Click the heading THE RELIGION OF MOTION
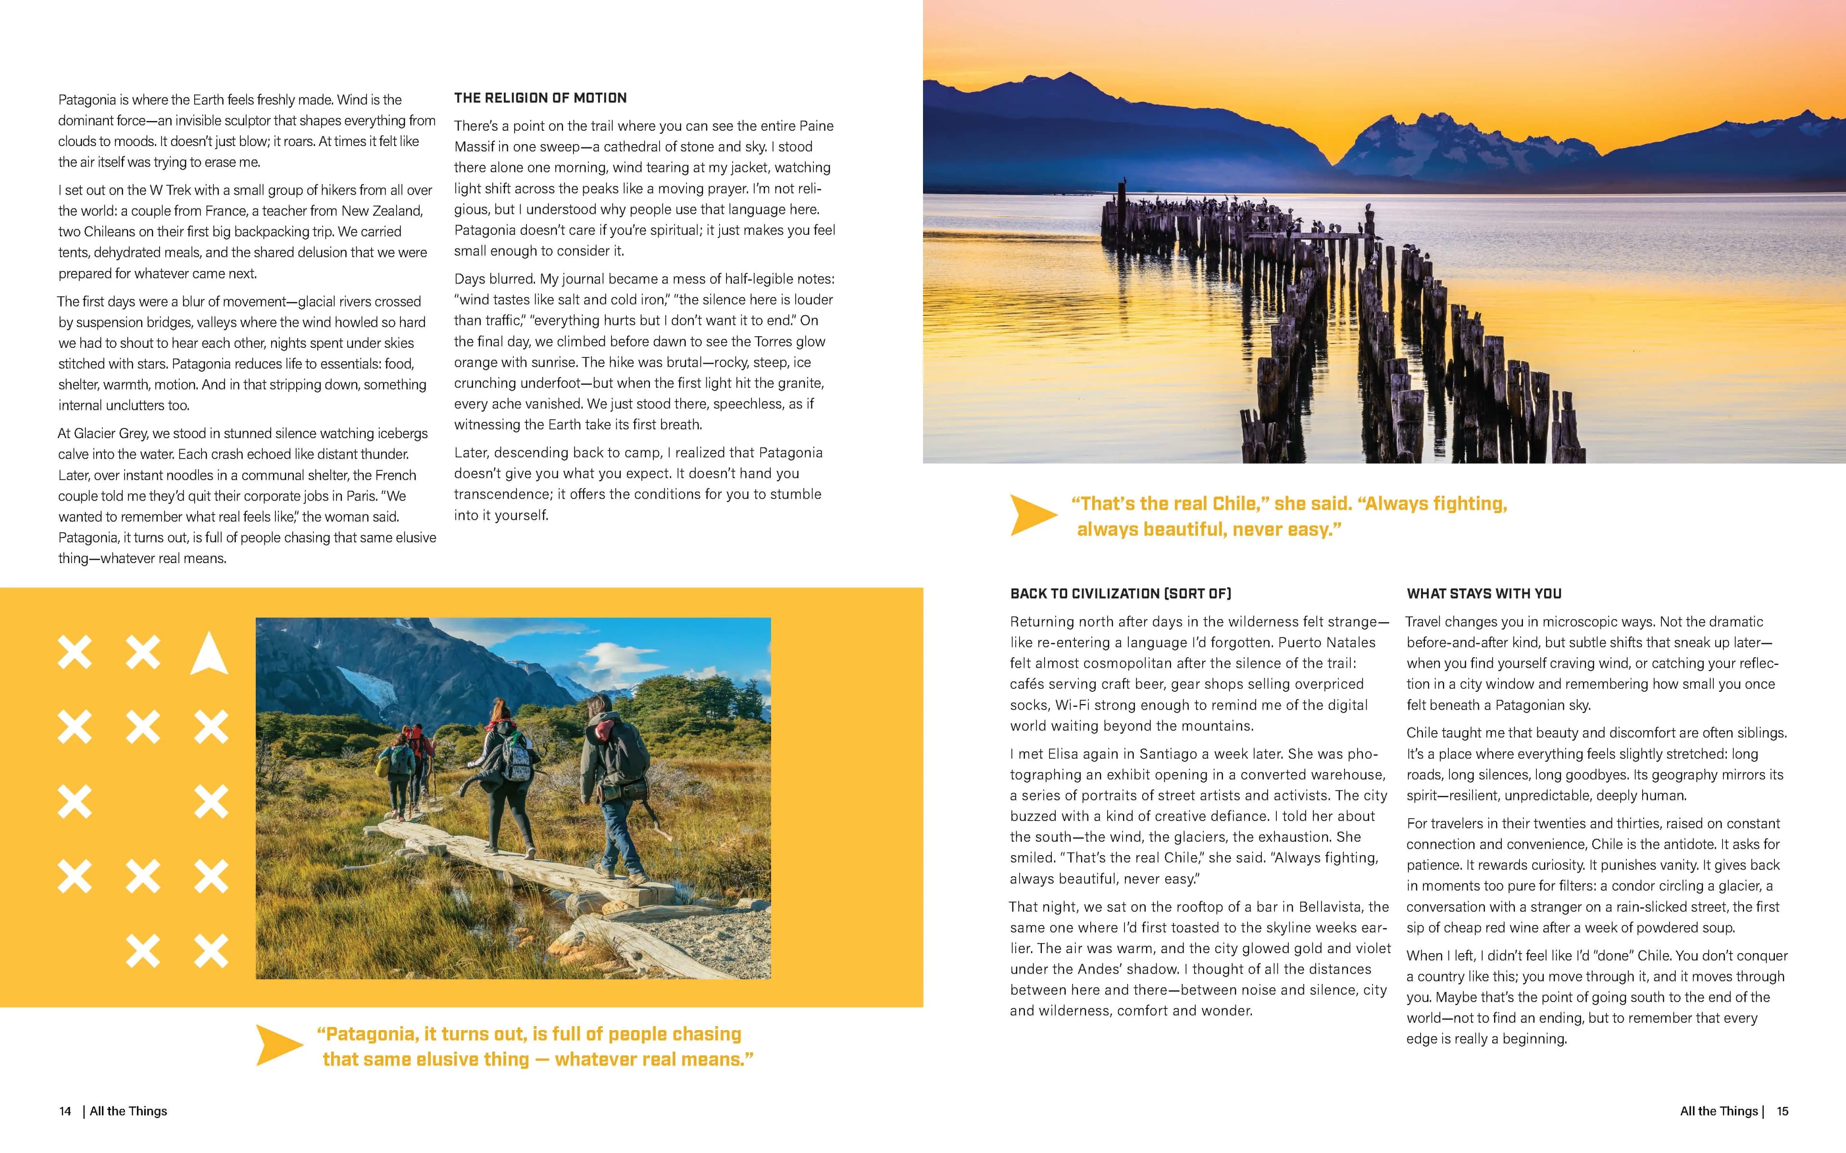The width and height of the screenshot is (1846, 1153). click(540, 98)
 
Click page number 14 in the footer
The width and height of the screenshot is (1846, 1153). click(65, 1111)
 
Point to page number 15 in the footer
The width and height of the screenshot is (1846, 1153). click(1782, 1111)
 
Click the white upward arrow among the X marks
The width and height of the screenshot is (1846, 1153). click(209, 654)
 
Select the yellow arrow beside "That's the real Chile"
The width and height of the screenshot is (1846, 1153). click(1033, 515)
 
